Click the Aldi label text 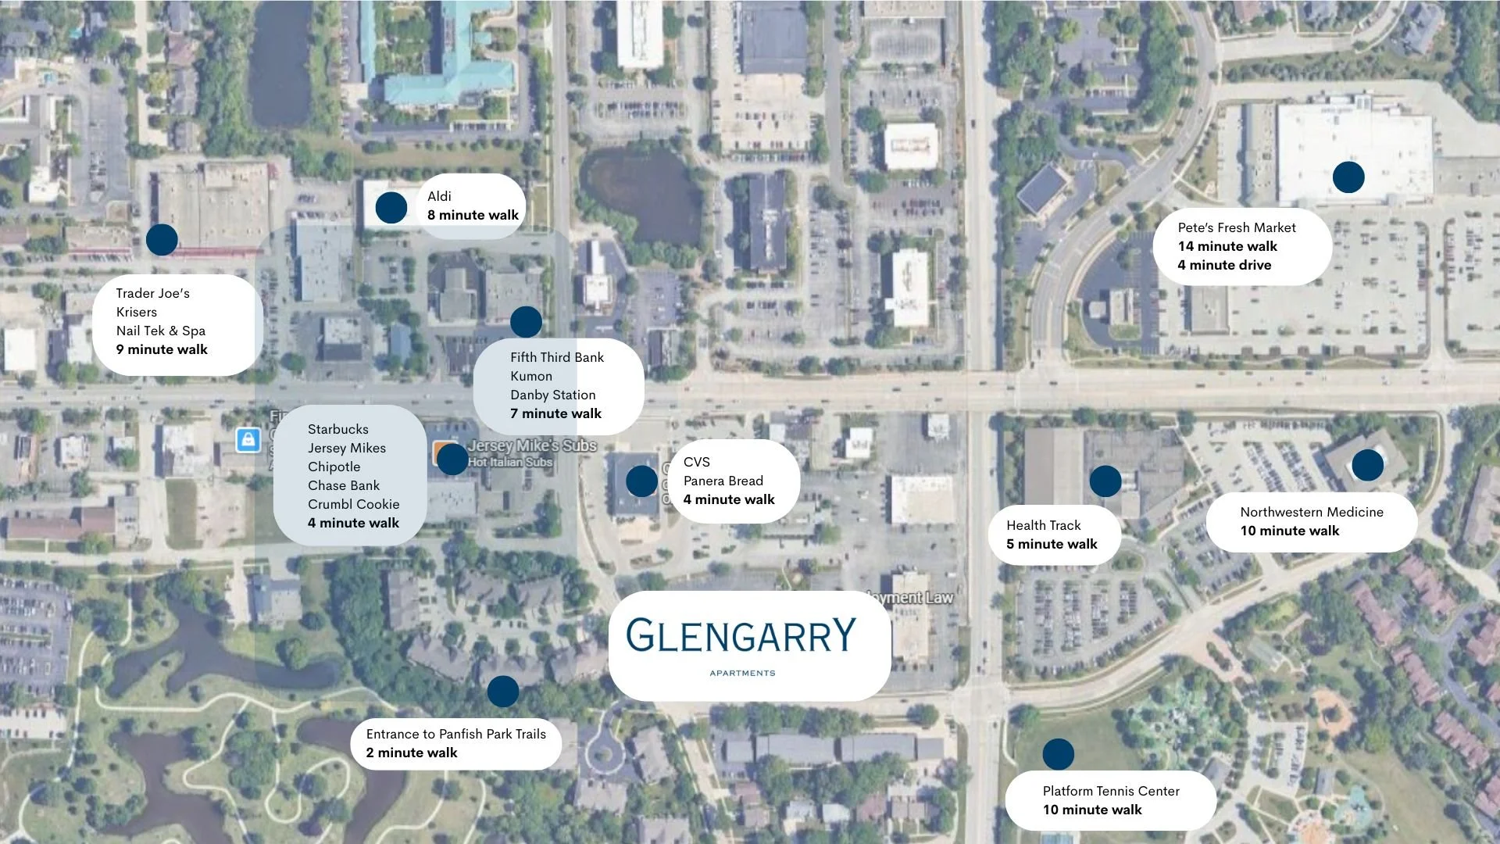(x=439, y=196)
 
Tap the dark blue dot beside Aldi (x=391, y=208)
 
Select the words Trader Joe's (x=152, y=293)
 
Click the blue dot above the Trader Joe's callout (x=162, y=240)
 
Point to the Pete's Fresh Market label (x=1236, y=227)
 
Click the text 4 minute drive (x=1223, y=265)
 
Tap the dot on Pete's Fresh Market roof (x=1348, y=177)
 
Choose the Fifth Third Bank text (x=556, y=357)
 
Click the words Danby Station (x=552, y=395)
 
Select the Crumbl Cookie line (x=353, y=504)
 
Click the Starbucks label (x=337, y=429)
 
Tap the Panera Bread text (x=723, y=481)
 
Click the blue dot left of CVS (x=641, y=481)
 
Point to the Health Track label (x=1043, y=525)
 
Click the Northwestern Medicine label (x=1311, y=512)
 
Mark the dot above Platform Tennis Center (x=1058, y=754)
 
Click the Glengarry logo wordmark (x=741, y=635)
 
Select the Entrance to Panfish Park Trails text (x=455, y=734)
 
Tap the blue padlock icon (x=248, y=440)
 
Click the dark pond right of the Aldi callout (x=641, y=195)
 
